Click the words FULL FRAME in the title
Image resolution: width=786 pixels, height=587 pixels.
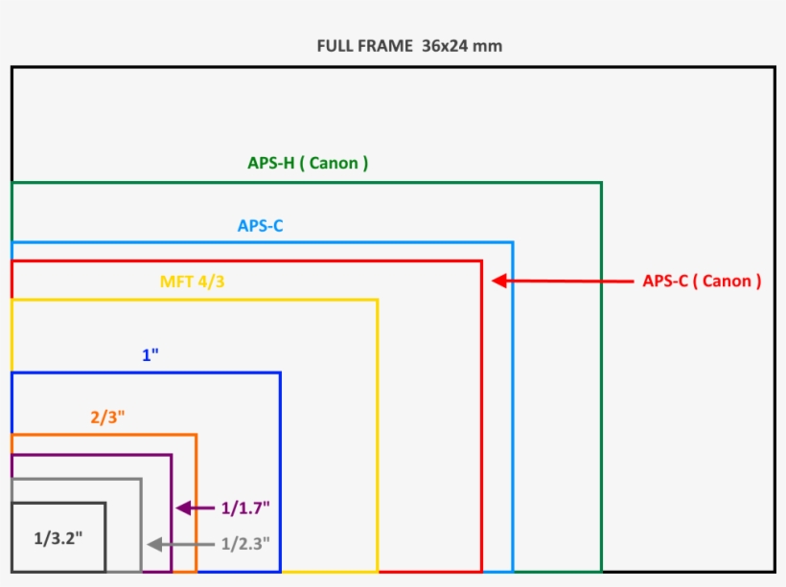coord(364,46)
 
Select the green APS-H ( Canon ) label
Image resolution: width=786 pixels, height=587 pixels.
coord(308,163)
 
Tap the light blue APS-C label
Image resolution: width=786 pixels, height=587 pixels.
coord(261,226)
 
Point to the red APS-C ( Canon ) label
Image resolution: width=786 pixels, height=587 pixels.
coord(702,282)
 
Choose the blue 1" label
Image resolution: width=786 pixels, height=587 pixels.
coord(150,355)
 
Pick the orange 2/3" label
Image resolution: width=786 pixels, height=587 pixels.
coord(108,418)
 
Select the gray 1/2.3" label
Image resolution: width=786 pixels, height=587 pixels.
coord(245,544)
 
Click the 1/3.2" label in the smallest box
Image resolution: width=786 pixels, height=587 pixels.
coord(58,538)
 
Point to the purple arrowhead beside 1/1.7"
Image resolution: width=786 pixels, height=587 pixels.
coord(183,508)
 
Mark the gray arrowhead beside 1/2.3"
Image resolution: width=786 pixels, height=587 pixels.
coord(153,544)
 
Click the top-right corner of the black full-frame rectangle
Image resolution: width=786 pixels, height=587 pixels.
coord(774,67)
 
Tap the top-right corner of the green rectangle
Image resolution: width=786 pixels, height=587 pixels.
coord(601,182)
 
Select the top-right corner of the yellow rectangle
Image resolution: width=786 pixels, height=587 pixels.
coord(377,300)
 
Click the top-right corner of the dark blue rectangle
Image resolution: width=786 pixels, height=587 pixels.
coord(280,373)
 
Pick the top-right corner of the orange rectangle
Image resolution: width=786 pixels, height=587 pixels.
coord(196,435)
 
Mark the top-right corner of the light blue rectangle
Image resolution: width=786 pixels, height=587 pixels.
coord(513,242)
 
